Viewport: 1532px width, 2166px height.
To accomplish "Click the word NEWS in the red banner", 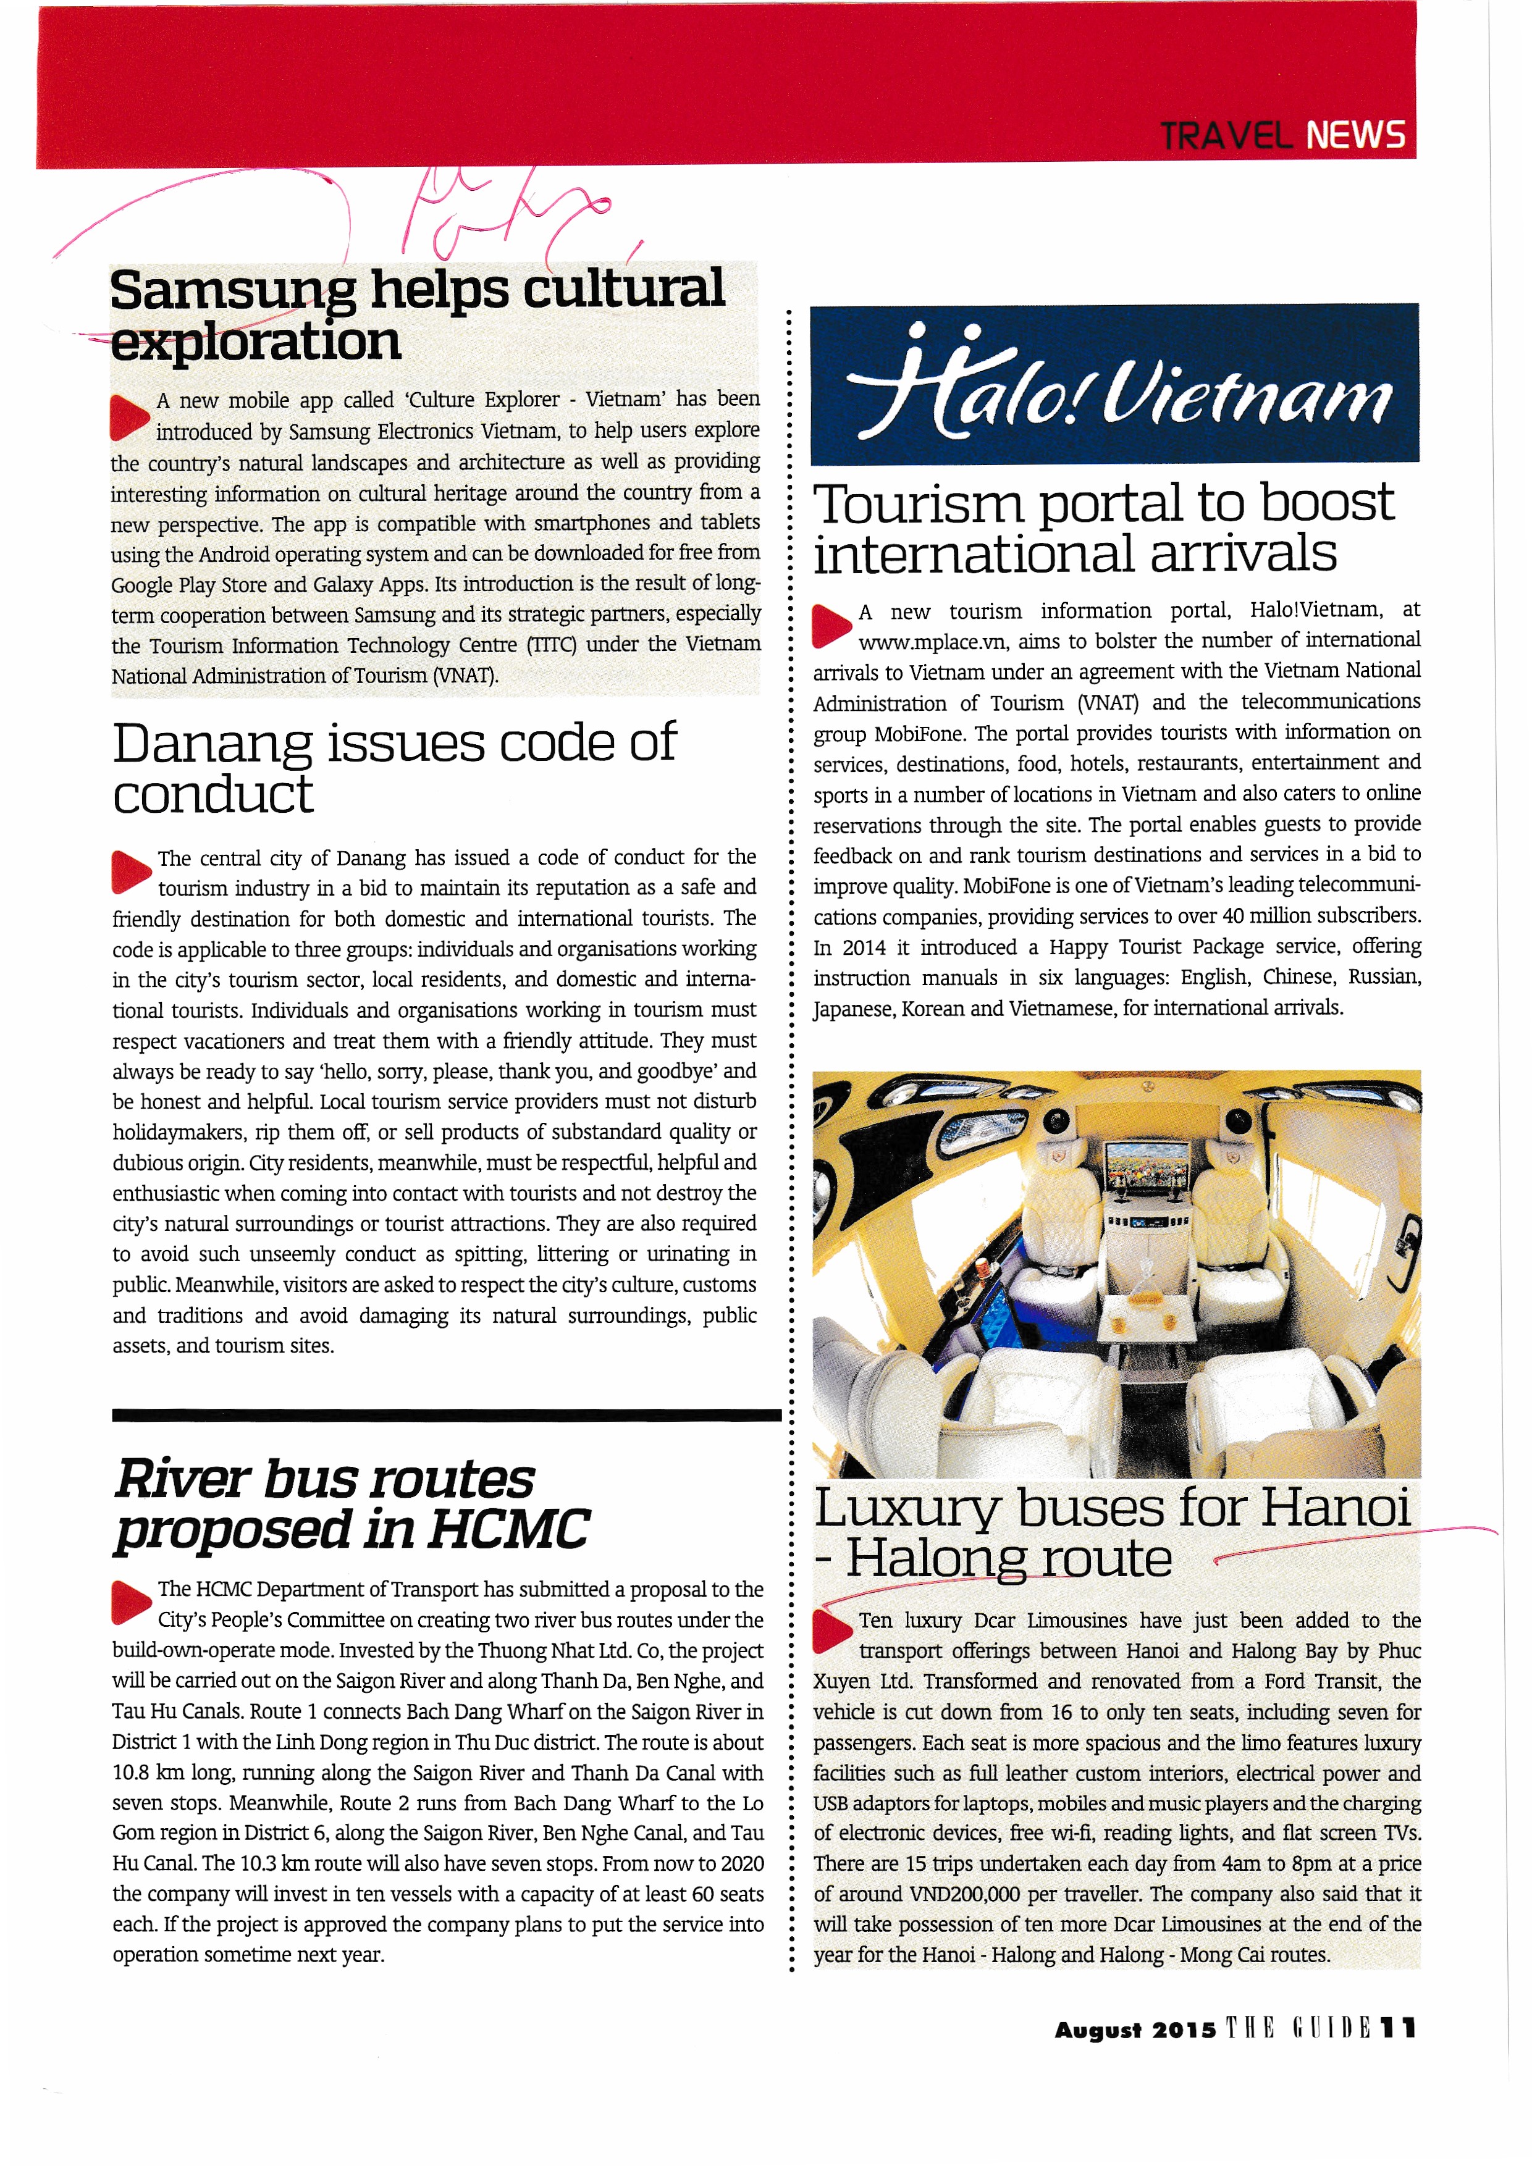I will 1355,136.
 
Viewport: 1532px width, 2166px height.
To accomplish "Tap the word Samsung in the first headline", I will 232,290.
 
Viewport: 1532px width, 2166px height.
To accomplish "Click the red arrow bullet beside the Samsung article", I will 129,417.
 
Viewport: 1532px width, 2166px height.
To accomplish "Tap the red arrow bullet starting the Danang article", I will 130,871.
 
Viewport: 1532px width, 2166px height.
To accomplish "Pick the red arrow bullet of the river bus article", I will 130,1603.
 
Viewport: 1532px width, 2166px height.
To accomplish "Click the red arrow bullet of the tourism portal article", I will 832,626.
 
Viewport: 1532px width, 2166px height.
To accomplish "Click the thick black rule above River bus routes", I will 446,1415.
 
